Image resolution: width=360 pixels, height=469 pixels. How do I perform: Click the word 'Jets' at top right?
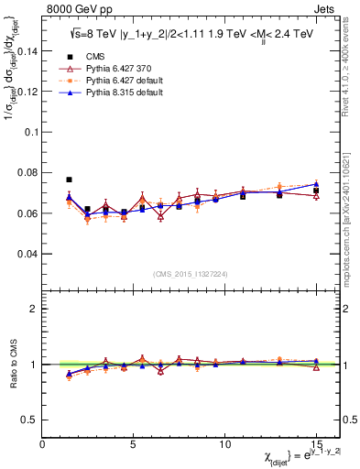325,8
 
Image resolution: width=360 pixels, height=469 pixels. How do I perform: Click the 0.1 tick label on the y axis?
29,132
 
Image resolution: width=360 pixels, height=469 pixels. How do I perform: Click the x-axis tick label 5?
134,443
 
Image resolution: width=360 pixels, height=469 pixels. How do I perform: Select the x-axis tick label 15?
315,443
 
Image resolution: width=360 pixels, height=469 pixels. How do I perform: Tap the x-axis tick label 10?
224,443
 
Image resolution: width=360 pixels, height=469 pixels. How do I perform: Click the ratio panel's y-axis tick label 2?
33,309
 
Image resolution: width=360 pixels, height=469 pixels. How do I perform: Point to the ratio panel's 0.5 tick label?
29,420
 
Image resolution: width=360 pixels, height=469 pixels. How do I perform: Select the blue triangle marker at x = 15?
316,184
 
